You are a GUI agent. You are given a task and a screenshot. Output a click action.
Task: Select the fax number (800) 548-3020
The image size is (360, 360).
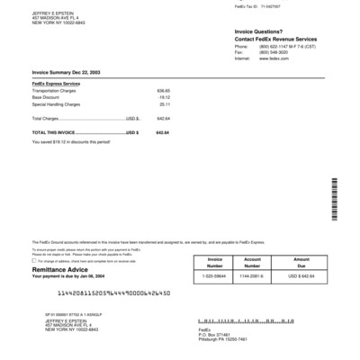(274, 52)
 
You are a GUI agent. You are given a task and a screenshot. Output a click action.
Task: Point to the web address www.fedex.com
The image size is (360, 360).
(274, 58)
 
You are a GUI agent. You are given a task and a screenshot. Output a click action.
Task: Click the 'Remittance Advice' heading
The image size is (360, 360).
(62, 268)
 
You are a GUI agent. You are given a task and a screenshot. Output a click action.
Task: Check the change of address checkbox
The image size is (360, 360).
(34, 261)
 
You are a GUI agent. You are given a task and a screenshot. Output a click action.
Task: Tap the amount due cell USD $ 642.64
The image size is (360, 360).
(301, 275)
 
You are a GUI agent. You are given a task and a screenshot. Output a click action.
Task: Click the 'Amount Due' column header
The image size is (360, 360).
(301, 263)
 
